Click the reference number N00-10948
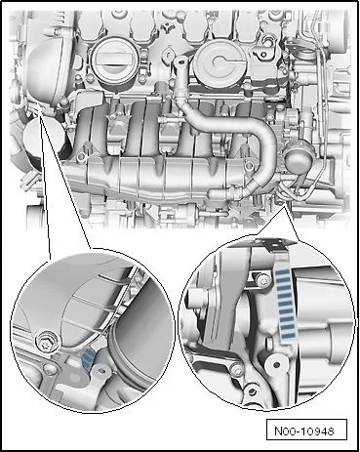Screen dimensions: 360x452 pos(304,431)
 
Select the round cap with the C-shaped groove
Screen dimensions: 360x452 pos(220,61)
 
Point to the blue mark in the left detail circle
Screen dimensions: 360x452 pos(87,356)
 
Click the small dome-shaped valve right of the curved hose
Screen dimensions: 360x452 pos(296,156)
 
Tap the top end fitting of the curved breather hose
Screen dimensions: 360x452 pos(180,62)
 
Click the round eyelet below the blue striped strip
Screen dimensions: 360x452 pos(276,364)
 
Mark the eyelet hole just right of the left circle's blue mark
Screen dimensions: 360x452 pos(101,370)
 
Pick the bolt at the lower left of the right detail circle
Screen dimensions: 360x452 pos(235,368)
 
